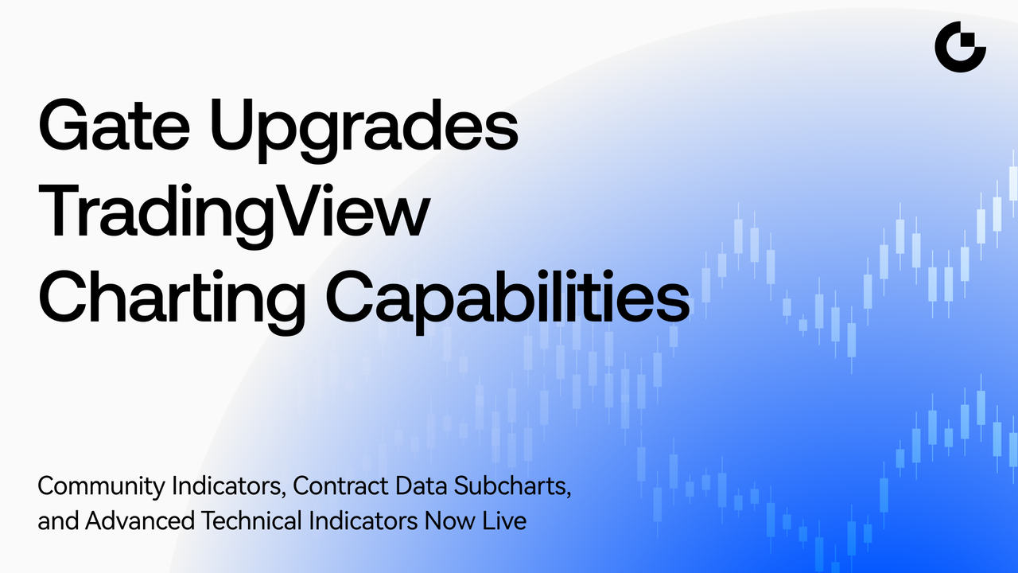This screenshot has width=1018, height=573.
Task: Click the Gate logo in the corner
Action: click(960, 47)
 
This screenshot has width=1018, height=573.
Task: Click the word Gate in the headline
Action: click(114, 124)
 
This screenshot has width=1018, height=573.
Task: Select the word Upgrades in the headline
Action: click(363, 129)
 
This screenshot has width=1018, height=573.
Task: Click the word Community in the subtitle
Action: click(101, 486)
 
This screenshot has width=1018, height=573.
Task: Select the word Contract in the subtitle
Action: click(340, 485)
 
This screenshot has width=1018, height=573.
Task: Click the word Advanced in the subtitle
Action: click(140, 520)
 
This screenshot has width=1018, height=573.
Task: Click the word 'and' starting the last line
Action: click(58, 520)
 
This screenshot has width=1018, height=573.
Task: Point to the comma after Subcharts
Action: click(568, 494)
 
